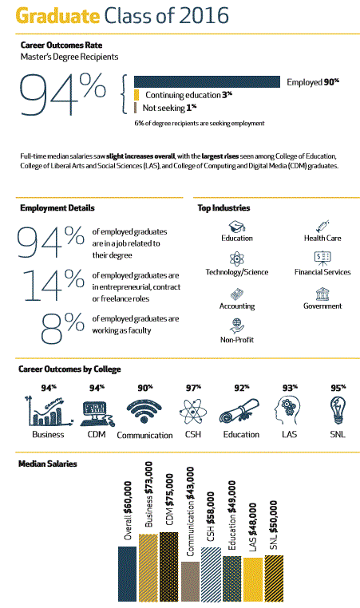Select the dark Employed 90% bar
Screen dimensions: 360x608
click(207, 81)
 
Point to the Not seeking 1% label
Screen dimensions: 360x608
click(168, 107)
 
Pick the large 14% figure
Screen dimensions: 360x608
click(51, 284)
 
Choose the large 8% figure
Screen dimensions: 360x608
click(63, 322)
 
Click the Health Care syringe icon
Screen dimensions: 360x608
click(322, 226)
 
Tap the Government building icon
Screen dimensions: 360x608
click(322, 293)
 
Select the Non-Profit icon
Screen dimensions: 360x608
click(236, 326)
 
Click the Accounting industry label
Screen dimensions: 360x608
click(237, 306)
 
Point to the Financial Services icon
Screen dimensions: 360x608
click(322, 258)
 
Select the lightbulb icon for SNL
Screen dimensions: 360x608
click(338, 412)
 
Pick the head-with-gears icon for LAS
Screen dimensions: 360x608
click(289, 412)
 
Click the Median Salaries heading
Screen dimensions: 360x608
click(47, 464)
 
